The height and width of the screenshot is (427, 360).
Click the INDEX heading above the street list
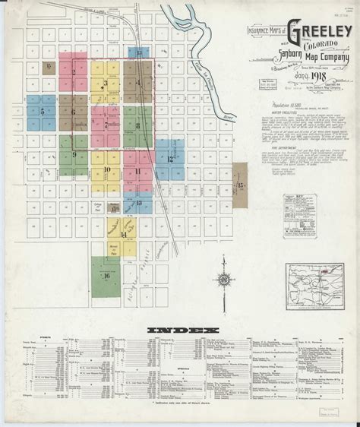(x=180, y=331)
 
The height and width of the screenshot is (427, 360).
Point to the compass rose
(x=226, y=280)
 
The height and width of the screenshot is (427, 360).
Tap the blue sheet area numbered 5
(x=43, y=111)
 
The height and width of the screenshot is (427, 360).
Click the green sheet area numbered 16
(x=107, y=275)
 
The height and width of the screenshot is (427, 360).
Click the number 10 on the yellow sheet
(x=107, y=169)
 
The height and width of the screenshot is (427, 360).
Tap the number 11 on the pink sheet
(x=137, y=171)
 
